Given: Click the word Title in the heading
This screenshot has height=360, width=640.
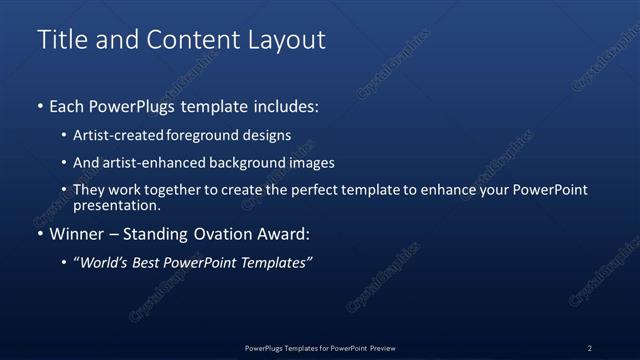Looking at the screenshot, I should click(x=61, y=40).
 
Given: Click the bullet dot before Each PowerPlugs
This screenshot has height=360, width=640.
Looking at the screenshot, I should click(x=40, y=105).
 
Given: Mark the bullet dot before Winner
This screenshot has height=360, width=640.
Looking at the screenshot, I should click(x=40, y=234).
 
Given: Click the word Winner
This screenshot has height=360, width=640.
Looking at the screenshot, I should click(x=76, y=234).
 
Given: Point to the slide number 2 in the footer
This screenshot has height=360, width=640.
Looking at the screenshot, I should click(x=589, y=348).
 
